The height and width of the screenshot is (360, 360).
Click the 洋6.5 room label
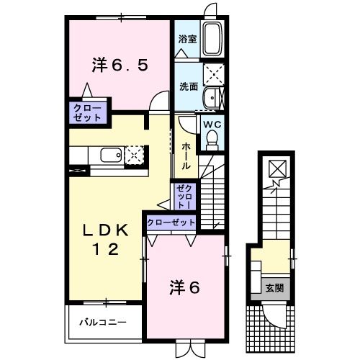(120, 64)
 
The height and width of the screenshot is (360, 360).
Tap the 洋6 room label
(185, 286)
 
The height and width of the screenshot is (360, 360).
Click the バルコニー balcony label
(102, 321)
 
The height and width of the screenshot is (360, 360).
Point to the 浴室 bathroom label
(187, 39)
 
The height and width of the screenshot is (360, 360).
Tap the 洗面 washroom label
(188, 86)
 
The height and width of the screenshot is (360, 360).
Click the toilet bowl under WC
(212, 141)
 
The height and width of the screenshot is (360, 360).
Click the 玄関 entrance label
(274, 288)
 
